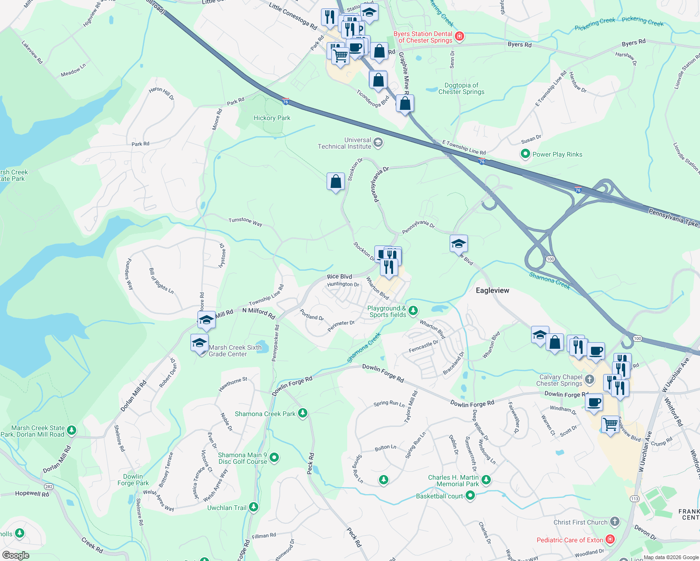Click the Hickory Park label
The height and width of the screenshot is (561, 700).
[272, 118]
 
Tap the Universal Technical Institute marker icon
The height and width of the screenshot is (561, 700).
[378, 143]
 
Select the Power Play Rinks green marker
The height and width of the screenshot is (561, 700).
[525, 154]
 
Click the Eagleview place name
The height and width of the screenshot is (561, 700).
[492, 290]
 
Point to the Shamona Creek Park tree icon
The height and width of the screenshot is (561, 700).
[303, 413]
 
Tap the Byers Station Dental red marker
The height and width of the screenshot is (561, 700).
[459, 36]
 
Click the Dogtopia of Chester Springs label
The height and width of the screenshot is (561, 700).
[461, 88]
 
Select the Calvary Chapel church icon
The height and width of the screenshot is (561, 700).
[590, 380]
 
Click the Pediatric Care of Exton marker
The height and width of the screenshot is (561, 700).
[610, 539]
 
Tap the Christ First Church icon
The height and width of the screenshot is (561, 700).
[614, 522]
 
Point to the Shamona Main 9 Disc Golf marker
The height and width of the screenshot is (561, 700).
[274, 458]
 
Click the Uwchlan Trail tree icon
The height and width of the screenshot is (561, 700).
[254, 507]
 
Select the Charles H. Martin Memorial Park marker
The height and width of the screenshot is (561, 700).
[486, 480]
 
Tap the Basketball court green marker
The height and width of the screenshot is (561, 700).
[470, 496]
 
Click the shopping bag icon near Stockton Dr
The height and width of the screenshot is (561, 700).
[335, 182]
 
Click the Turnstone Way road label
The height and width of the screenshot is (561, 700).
[245, 222]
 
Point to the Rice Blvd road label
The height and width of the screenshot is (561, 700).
[339, 277]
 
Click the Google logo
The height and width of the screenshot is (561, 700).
[15, 555]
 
